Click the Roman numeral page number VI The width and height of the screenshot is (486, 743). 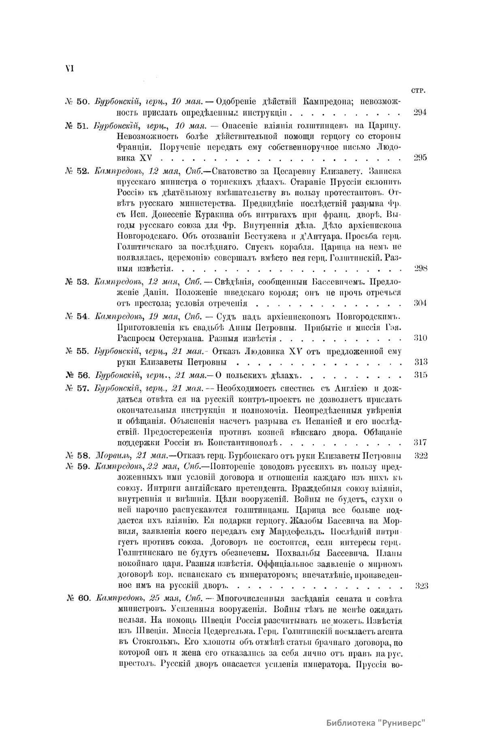[68, 68]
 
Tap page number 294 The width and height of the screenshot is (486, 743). [420, 113]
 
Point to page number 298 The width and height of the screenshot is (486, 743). [421, 268]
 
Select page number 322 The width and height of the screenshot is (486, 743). [421, 455]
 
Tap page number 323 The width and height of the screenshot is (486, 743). [421, 585]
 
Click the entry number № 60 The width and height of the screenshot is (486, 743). [80, 598]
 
